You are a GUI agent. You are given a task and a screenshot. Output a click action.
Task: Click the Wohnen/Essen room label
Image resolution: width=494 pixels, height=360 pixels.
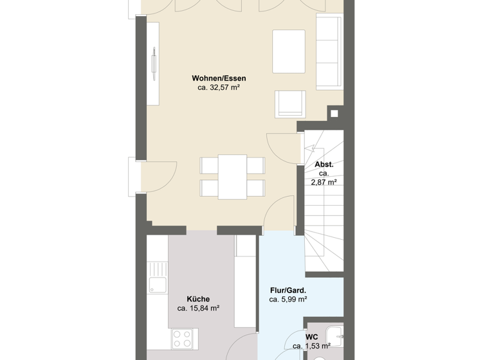(x=219, y=79)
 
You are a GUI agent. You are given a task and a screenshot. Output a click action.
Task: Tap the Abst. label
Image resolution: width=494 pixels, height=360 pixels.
(x=324, y=165)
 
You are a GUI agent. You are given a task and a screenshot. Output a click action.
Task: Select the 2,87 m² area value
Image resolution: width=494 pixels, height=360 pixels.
(x=324, y=183)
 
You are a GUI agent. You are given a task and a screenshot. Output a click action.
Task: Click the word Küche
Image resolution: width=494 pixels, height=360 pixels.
(x=198, y=299)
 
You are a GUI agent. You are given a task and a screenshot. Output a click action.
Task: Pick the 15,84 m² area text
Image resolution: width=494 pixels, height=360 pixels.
(x=198, y=309)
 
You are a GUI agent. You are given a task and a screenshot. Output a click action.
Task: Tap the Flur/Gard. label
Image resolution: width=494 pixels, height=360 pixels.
(x=288, y=290)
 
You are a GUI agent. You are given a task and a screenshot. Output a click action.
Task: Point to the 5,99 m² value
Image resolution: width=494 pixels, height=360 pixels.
(x=288, y=300)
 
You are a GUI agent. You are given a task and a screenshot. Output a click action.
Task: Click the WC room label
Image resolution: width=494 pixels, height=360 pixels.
(x=313, y=337)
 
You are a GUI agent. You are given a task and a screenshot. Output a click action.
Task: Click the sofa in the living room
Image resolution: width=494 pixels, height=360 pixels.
(x=329, y=53)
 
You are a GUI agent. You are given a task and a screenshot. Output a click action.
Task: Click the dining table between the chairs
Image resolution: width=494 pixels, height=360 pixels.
(x=232, y=177)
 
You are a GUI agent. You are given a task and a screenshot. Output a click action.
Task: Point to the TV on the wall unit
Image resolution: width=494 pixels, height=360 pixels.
(x=154, y=64)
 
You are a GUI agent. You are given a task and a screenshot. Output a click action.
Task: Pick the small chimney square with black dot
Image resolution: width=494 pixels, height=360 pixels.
(x=334, y=113)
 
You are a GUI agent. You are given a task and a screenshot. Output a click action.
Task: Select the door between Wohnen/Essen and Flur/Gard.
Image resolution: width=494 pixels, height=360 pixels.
(x=278, y=215)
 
